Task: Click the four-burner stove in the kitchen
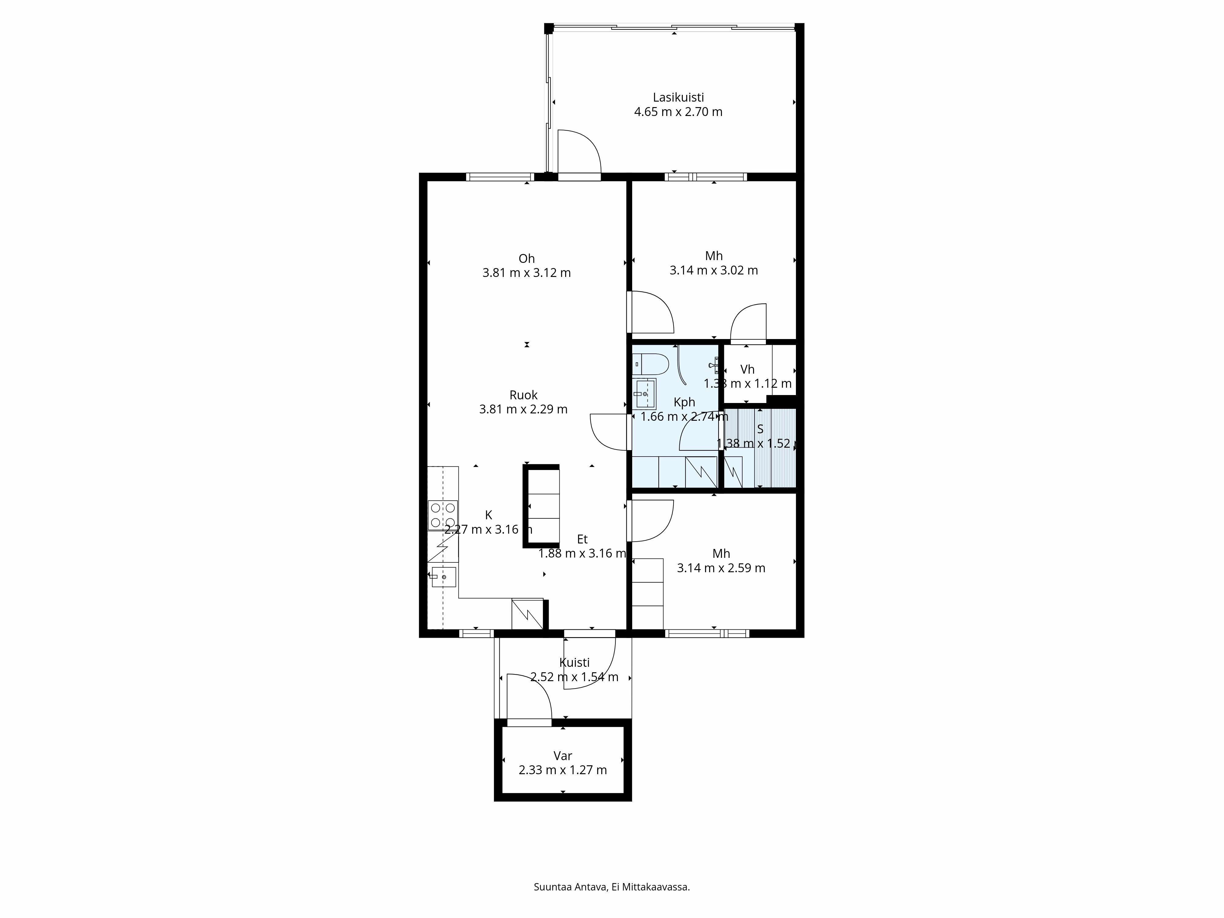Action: [x=443, y=515]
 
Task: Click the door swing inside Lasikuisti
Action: [x=579, y=151]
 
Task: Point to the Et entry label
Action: [x=582, y=539]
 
